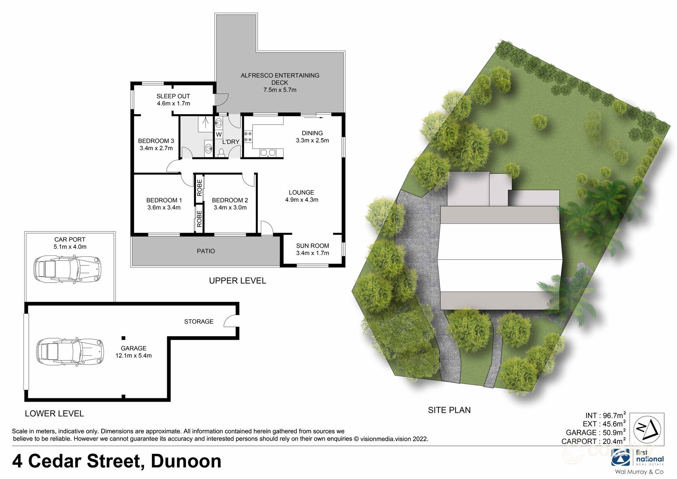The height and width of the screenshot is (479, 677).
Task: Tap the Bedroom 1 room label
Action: click(x=164, y=200)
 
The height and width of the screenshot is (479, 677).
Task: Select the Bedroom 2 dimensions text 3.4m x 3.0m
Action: click(x=230, y=208)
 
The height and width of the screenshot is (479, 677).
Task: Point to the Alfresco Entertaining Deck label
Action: click(x=280, y=79)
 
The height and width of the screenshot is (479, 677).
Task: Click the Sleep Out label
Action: click(x=173, y=96)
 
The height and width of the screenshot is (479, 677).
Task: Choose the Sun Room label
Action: click(x=312, y=246)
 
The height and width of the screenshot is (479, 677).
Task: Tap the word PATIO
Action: click(x=206, y=251)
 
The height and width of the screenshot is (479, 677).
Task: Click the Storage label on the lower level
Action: click(x=199, y=321)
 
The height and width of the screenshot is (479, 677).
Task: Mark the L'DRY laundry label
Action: click(x=231, y=142)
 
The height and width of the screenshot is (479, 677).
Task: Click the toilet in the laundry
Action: click(x=221, y=152)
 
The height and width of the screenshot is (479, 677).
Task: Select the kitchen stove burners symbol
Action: click(x=248, y=136)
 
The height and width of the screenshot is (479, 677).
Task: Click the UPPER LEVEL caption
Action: click(x=237, y=281)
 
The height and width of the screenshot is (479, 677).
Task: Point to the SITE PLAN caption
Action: click(x=449, y=410)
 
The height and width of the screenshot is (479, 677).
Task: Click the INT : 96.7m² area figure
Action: click(x=605, y=416)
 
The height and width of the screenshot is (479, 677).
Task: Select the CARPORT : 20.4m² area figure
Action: click(x=593, y=441)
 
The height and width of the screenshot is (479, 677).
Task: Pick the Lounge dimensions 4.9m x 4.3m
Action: click(x=302, y=200)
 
